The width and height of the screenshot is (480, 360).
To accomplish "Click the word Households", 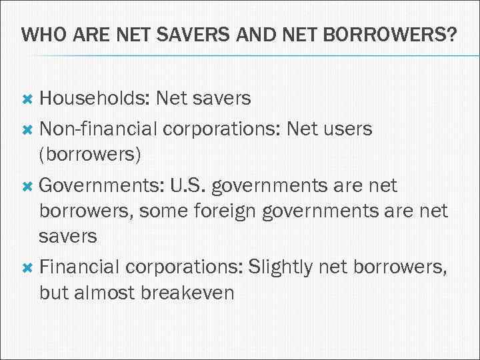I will point(93,99).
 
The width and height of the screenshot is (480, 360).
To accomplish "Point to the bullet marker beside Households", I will point(27,99).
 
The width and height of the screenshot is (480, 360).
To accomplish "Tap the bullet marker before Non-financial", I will point(27,128).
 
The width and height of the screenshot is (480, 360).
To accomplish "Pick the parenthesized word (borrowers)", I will point(90,155).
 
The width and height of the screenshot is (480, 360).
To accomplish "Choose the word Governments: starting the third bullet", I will point(101,185).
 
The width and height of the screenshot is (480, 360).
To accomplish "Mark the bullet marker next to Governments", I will point(27,185).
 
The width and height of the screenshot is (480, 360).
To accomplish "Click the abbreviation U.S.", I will point(189,185).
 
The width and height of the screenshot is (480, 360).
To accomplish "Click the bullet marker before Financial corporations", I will point(27,267).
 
